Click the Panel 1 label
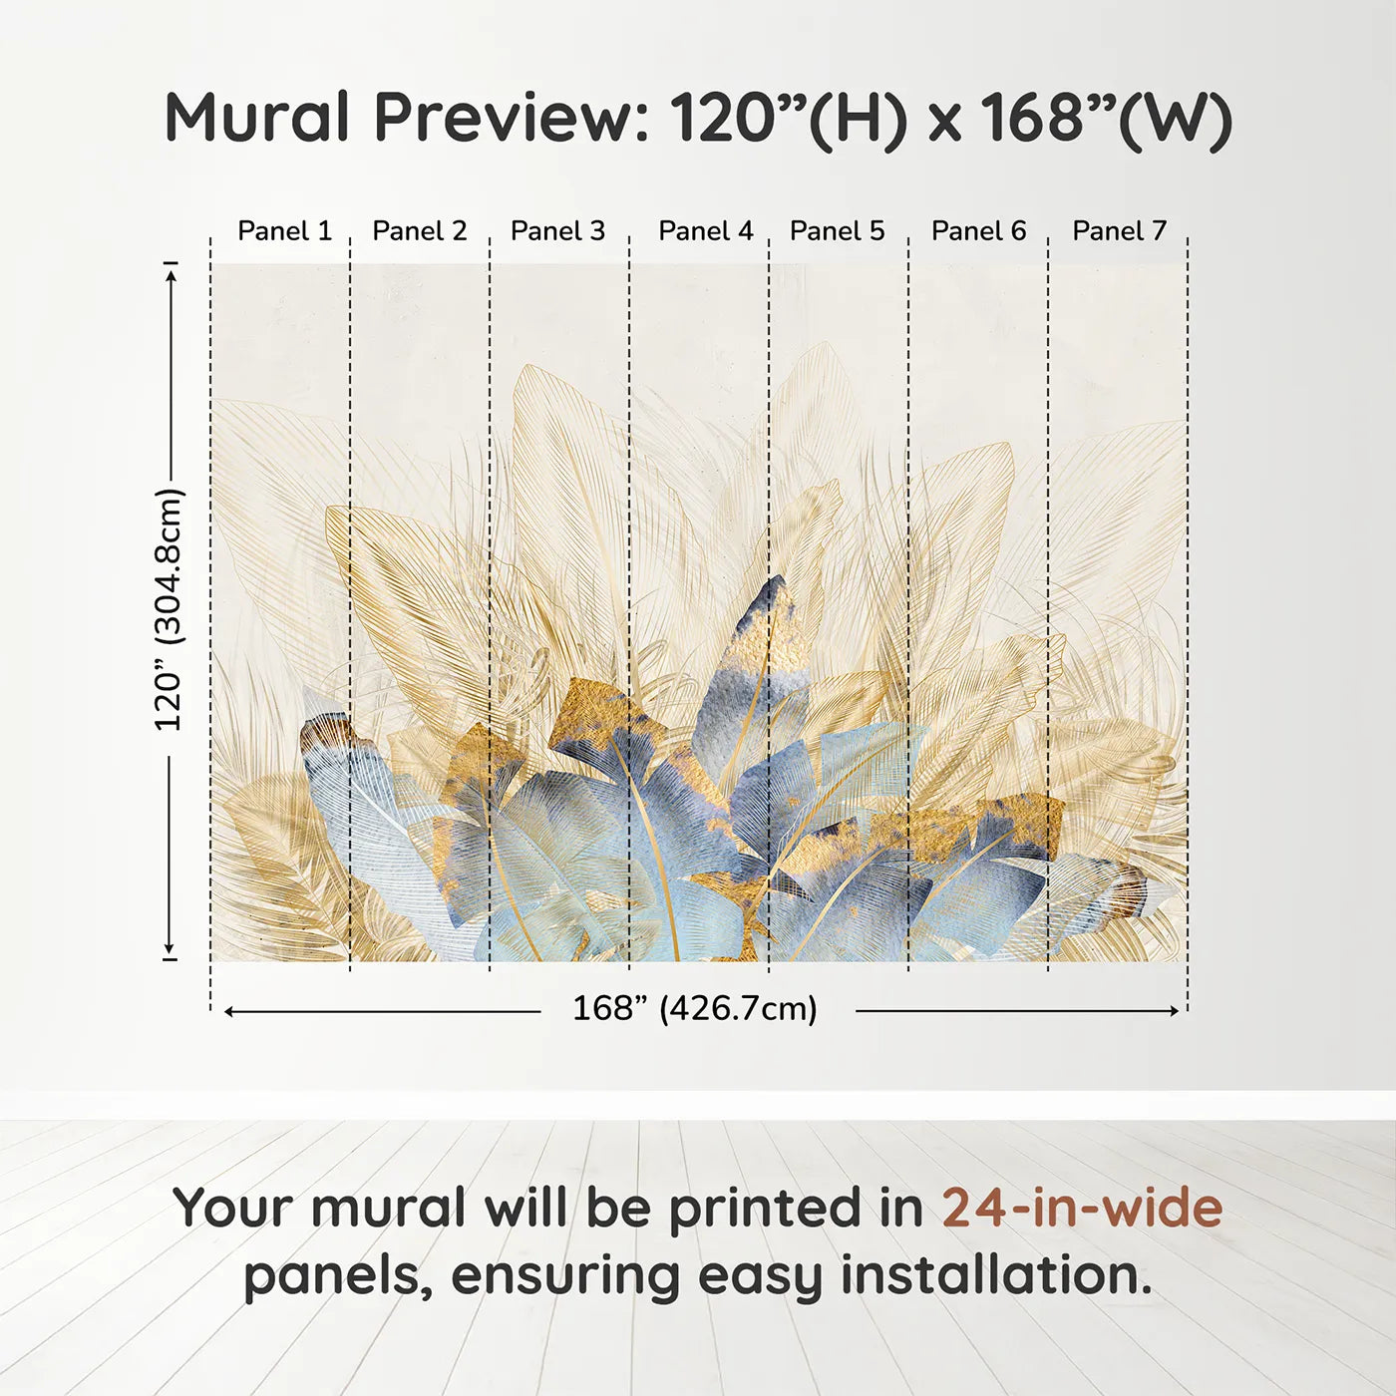pos(284,231)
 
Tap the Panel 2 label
pos(419,231)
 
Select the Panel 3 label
pos(557,231)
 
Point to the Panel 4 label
pos(705,231)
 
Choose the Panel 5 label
pos(837,231)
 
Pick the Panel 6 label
pos(978,231)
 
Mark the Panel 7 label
pos(1119,231)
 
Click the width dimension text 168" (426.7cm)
pos(694,1009)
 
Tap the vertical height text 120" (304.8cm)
pos(169,609)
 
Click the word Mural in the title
pos(256,118)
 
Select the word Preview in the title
pos(510,118)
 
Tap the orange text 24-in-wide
pos(1082,1209)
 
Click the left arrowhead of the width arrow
pos(229,1011)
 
